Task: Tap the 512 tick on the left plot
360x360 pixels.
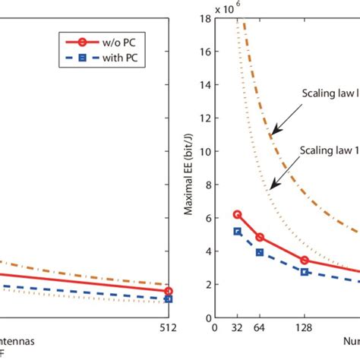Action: point(169,328)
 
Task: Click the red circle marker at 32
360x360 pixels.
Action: point(237,214)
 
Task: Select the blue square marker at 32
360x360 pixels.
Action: point(237,232)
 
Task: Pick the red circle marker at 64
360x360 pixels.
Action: point(260,237)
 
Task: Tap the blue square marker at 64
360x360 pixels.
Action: point(260,252)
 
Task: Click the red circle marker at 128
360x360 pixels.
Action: point(305,261)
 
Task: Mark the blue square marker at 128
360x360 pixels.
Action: point(305,272)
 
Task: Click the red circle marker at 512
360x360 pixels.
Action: point(169,291)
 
